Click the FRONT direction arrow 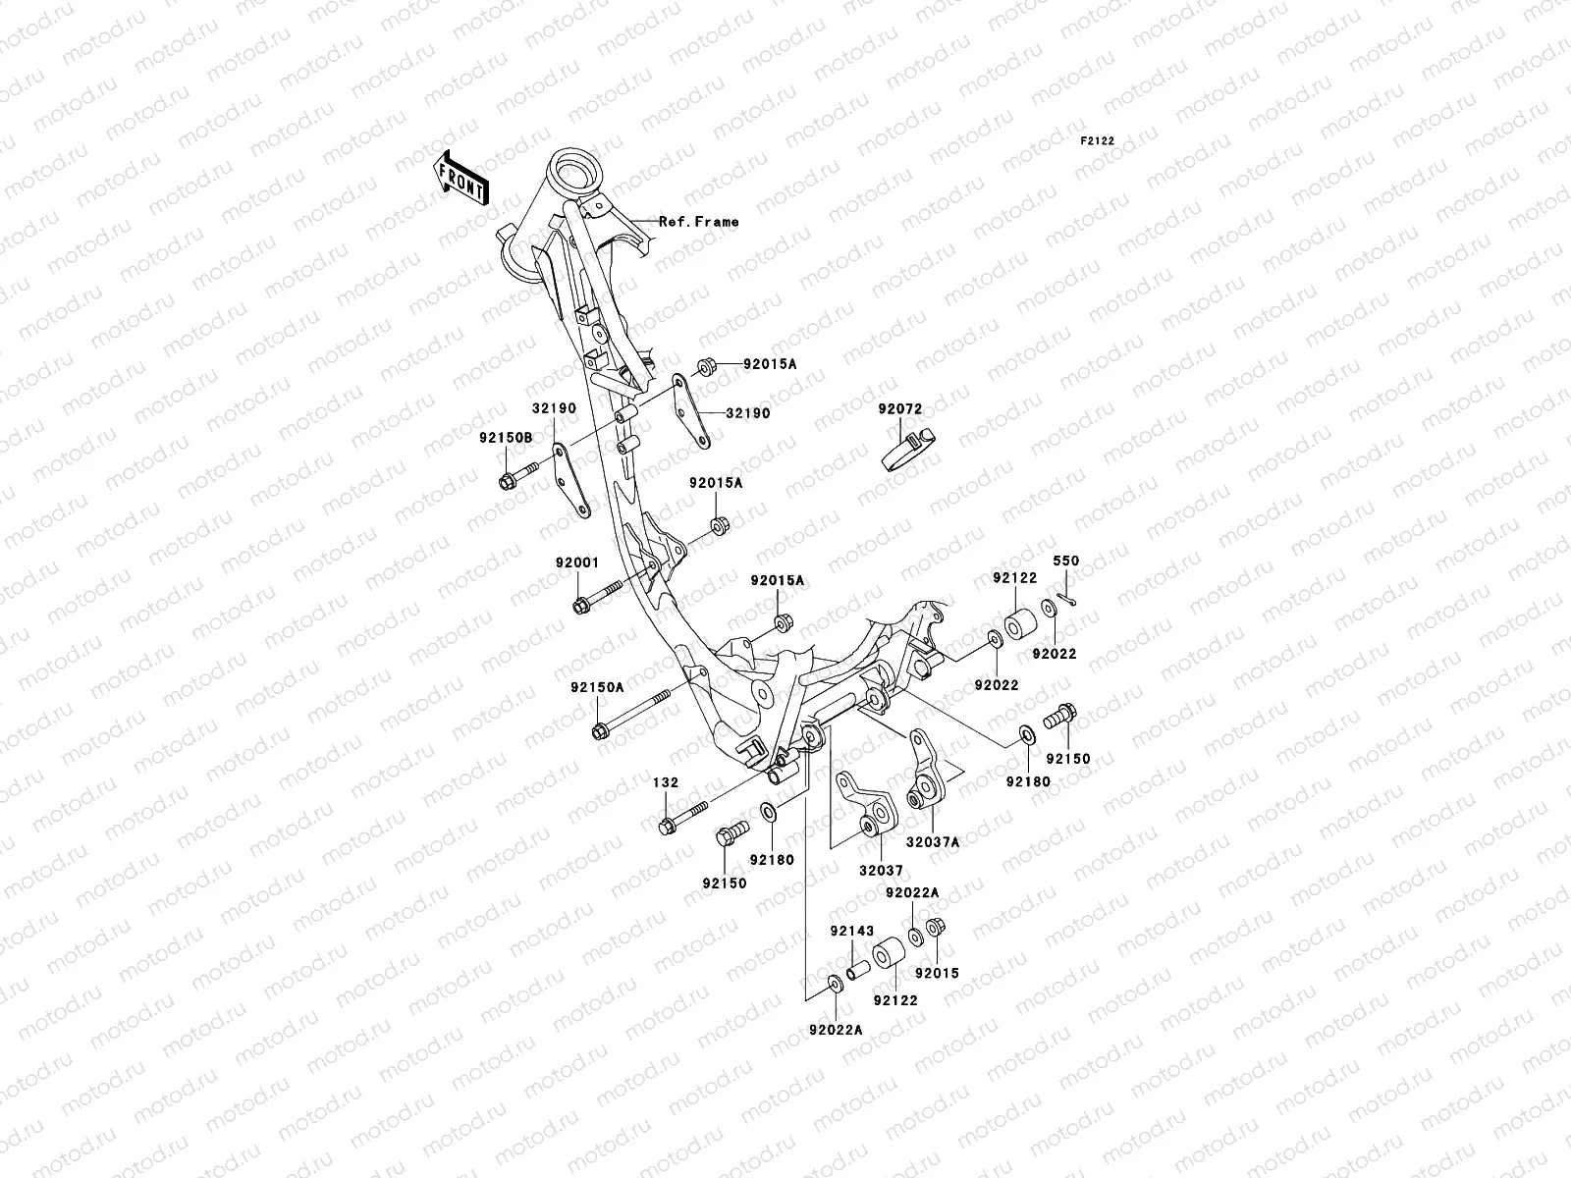coord(473,176)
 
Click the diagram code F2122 coord(1099,141)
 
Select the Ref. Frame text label coord(698,222)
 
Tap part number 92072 coord(900,407)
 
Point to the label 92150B coord(506,438)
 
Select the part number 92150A coord(596,688)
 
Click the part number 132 coord(666,783)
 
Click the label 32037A coord(933,842)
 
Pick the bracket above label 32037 coord(865,804)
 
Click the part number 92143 coord(851,930)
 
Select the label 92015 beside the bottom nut coord(937,974)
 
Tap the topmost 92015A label coord(770,364)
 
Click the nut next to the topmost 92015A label coord(705,367)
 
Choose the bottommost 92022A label coord(836,1030)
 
